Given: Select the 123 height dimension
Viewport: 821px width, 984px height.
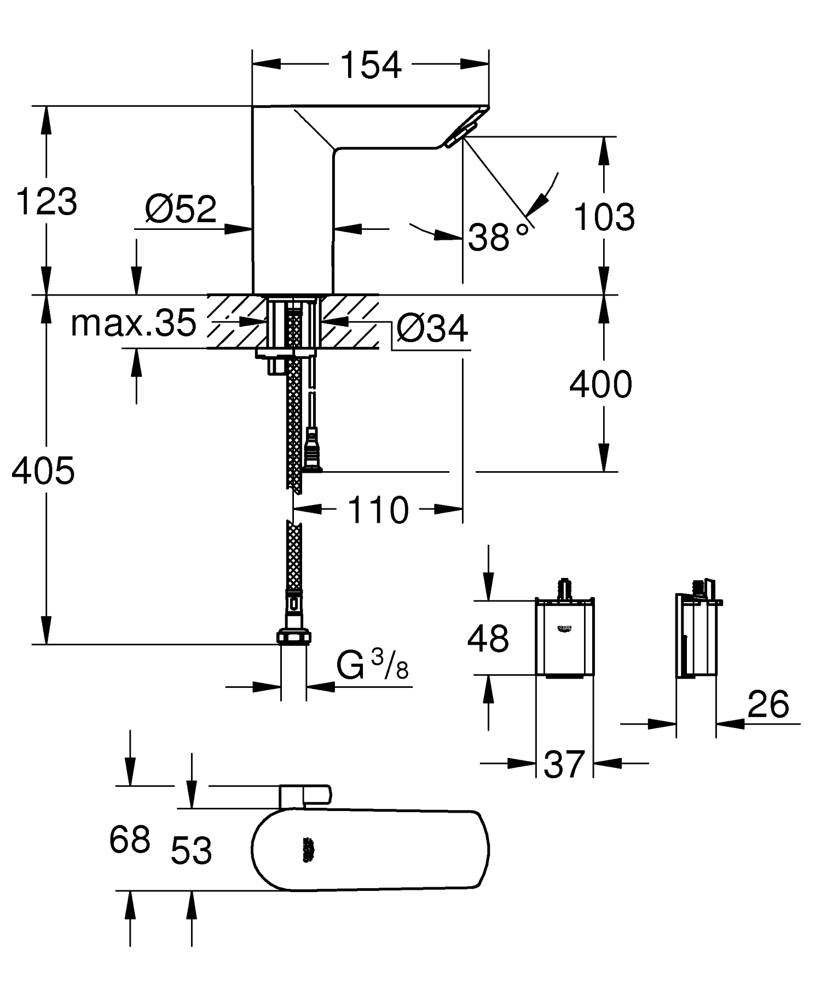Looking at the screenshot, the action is point(47,202).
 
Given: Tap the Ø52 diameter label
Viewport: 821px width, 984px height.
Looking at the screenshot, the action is point(181,209).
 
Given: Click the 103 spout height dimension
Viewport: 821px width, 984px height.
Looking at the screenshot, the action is point(604,217).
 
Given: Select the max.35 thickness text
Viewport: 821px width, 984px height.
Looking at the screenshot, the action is point(133,323).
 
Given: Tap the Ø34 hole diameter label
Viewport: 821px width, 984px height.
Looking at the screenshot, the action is point(432,328).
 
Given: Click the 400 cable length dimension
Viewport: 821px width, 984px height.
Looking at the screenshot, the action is point(600,384).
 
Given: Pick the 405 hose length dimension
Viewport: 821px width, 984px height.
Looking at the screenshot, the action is point(43,471).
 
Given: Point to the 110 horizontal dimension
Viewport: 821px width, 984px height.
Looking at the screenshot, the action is point(378,510).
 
